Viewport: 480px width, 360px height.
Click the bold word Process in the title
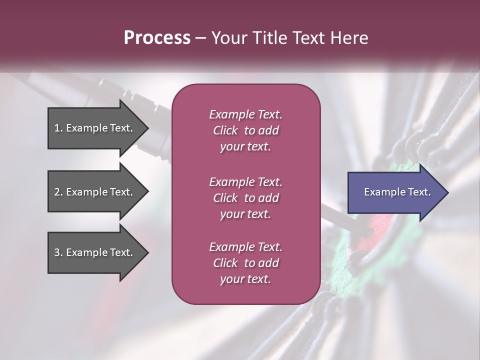click(157, 37)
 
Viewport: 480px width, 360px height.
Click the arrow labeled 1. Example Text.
click(95, 128)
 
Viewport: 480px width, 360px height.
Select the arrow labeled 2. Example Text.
click(95, 192)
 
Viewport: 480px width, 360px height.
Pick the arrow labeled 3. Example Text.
click(95, 252)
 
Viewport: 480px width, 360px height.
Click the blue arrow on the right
click(395, 192)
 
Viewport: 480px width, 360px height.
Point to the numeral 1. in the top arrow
click(58, 128)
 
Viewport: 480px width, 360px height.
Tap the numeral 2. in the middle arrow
click(58, 192)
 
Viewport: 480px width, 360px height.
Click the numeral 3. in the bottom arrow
click(58, 252)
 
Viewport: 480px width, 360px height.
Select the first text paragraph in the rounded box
click(245, 130)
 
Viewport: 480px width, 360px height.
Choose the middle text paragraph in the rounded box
click(245, 198)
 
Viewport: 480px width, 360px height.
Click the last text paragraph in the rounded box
click(245, 263)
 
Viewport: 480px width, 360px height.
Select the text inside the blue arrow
click(397, 192)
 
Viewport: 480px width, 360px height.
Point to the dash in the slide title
click(200, 38)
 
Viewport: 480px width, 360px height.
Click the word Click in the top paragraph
click(225, 130)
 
